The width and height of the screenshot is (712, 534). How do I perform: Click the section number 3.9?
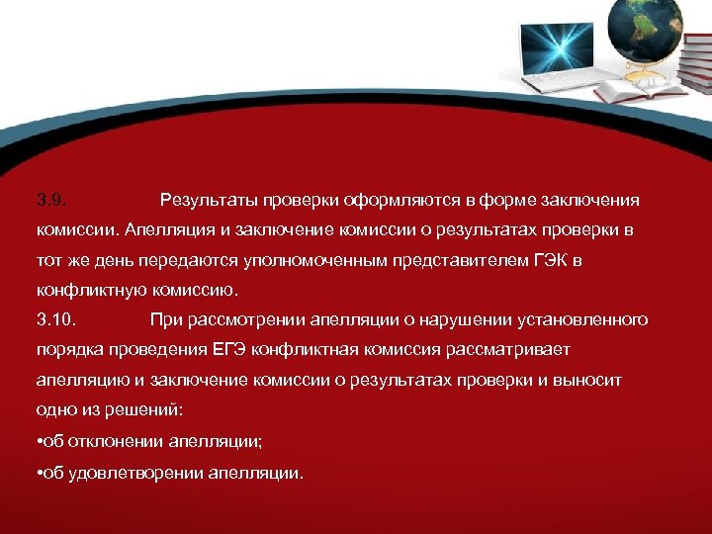(x=50, y=201)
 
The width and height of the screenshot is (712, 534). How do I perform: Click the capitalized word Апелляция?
(x=163, y=230)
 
